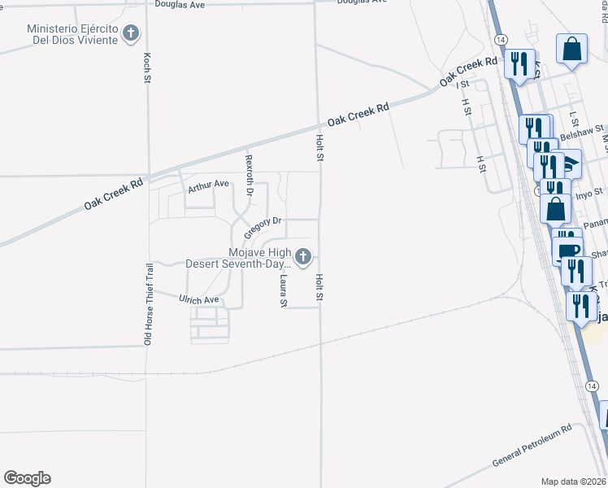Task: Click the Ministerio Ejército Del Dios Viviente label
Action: [73, 34]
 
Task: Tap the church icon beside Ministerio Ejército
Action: [132, 34]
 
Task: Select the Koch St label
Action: [147, 68]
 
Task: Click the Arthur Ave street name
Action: [209, 186]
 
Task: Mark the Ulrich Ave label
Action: [199, 300]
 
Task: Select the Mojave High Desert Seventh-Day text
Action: [237, 258]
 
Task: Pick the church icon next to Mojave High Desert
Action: [303, 258]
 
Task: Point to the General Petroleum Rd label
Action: [532, 445]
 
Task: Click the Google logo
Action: [27, 478]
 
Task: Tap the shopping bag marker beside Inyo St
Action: [556, 208]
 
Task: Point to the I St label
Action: [463, 84]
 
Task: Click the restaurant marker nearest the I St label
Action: [519, 63]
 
